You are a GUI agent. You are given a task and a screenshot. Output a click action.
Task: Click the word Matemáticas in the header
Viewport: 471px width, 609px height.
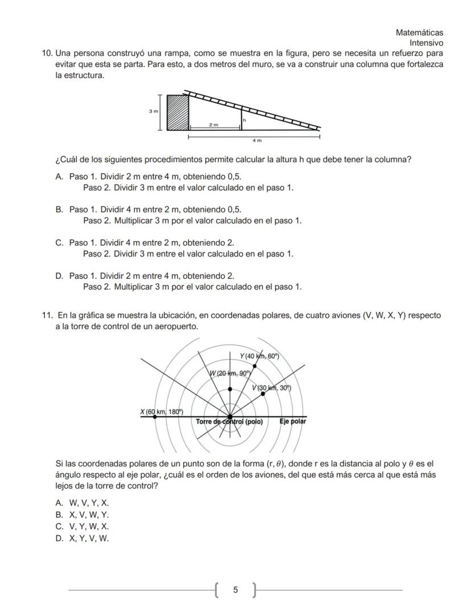click(x=419, y=33)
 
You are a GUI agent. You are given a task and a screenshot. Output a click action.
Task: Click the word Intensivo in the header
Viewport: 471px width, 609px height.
click(x=426, y=43)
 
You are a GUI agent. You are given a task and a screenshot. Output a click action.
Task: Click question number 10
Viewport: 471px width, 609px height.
click(x=47, y=53)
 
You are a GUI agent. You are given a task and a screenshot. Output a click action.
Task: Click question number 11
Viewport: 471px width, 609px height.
click(x=47, y=315)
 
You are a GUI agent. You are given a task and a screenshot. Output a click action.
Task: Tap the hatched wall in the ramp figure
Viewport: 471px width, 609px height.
click(x=177, y=113)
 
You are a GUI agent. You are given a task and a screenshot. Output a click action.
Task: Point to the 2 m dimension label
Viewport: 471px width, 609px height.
click(x=213, y=124)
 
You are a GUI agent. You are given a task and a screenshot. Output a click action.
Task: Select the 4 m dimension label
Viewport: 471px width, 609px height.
click(x=257, y=140)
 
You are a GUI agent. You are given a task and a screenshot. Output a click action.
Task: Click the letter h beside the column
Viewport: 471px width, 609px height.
click(x=245, y=120)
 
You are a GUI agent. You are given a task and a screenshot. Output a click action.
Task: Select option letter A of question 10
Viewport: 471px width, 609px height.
click(x=59, y=177)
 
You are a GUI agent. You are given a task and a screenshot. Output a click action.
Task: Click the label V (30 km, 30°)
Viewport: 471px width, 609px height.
click(x=271, y=388)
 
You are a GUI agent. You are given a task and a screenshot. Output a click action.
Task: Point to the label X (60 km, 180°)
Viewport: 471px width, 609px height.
click(x=162, y=411)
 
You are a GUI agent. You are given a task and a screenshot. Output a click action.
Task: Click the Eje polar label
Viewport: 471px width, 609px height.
click(x=292, y=421)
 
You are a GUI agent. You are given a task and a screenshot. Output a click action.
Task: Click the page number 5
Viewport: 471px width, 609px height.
click(x=235, y=590)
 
